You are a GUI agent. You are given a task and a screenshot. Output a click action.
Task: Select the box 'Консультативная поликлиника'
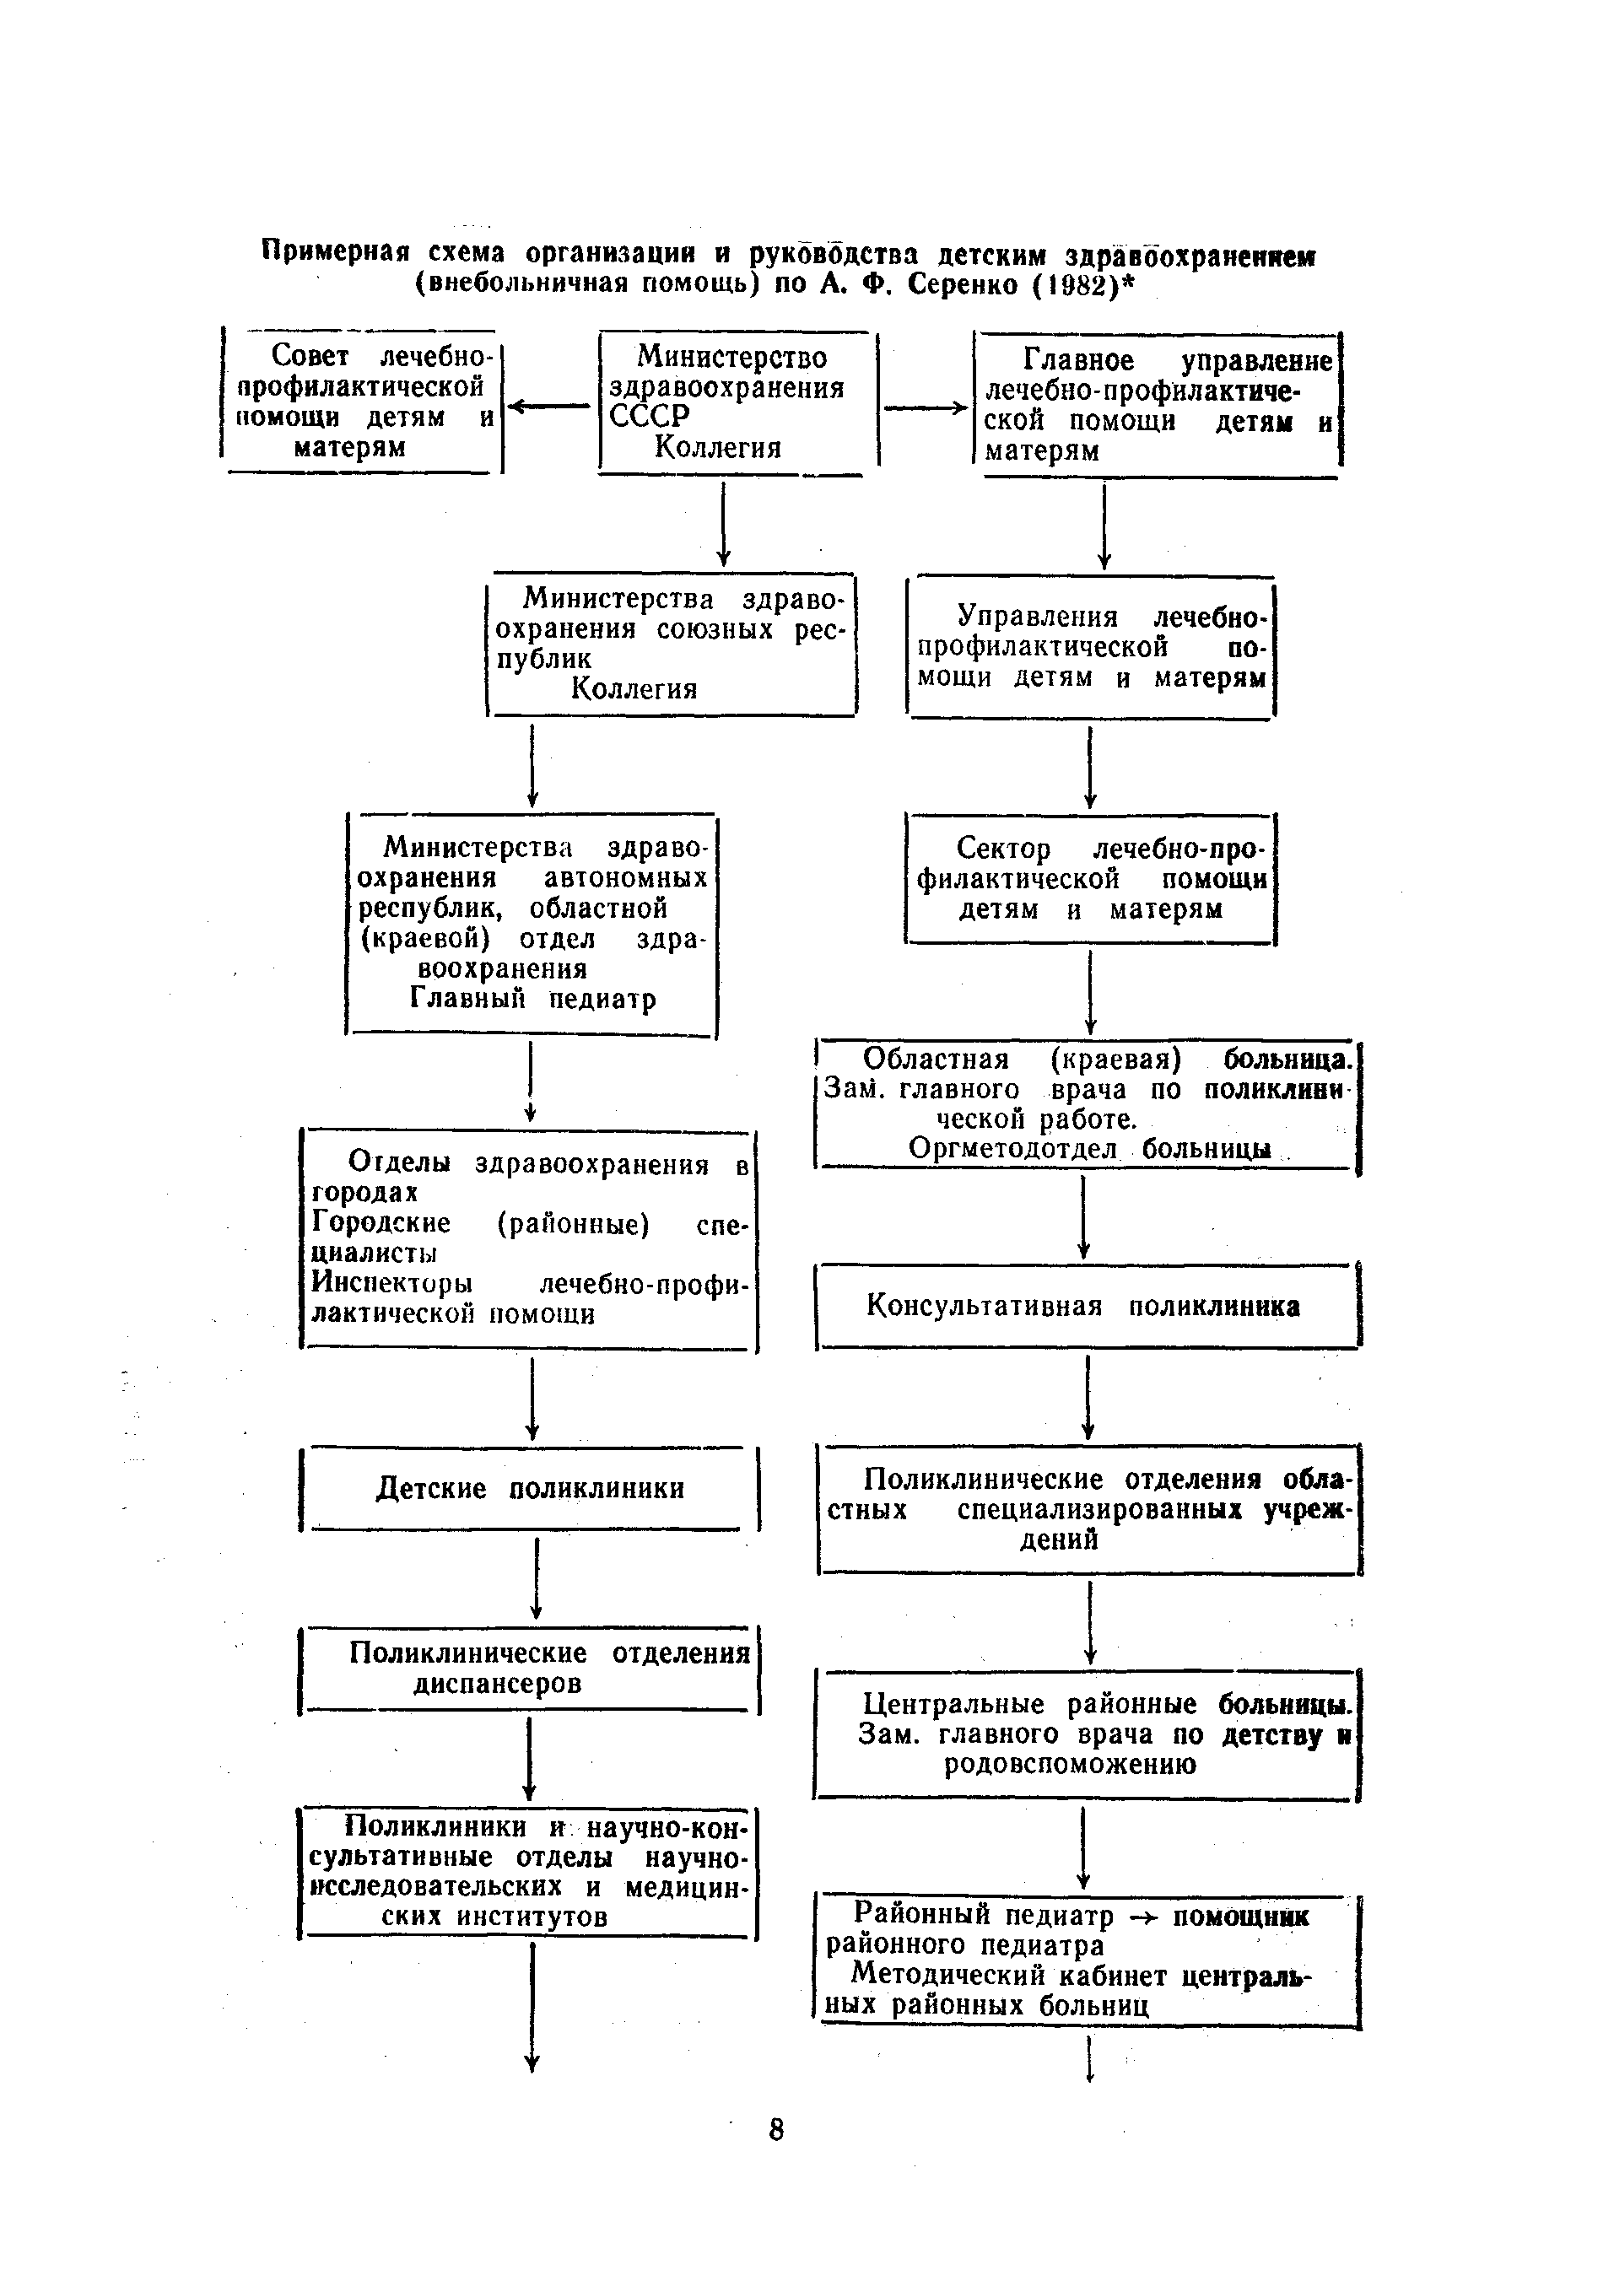[x=1087, y=1304]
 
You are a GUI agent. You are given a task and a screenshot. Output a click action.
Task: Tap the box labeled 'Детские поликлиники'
[x=530, y=1487]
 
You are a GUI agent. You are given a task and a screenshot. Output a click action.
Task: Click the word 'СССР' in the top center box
[x=649, y=416]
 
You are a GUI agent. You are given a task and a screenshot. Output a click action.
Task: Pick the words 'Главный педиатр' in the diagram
[x=532, y=999]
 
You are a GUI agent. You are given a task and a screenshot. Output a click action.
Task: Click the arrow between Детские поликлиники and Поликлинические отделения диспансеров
[x=536, y=1577]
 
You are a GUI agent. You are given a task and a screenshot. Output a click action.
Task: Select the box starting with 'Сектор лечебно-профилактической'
[x=1090, y=878]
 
